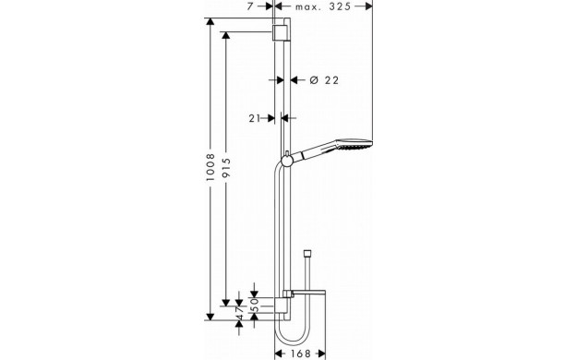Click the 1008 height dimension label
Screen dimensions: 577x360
point(210,167)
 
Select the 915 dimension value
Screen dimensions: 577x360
point(226,167)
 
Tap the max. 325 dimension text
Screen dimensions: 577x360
point(323,6)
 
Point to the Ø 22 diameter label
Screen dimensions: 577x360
point(324,80)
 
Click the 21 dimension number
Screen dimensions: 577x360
point(255,118)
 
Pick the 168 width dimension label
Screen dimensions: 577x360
point(301,354)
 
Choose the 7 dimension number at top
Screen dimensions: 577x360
point(250,6)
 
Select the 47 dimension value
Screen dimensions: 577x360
point(239,314)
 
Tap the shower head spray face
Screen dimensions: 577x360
point(355,146)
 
